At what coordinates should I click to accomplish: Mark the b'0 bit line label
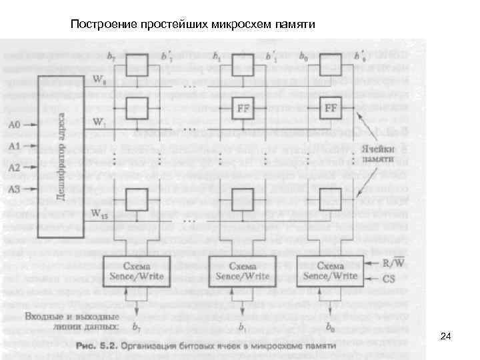359,55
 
